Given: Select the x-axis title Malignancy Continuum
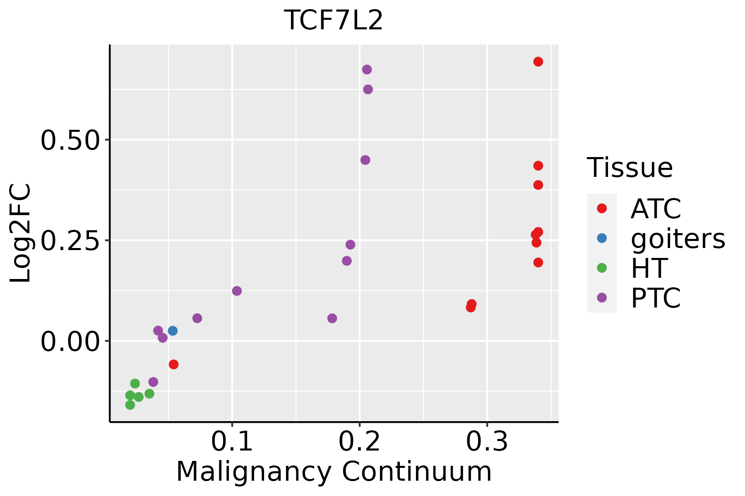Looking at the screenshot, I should (x=334, y=472).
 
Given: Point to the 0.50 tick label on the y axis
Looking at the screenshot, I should (x=70, y=140).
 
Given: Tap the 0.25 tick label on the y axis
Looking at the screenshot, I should (x=70, y=241).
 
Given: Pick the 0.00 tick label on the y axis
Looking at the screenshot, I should (x=70, y=341).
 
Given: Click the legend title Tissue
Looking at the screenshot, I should (x=630, y=168).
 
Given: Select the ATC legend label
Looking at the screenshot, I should (x=656, y=209).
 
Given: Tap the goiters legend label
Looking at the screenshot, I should (x=678, y=238).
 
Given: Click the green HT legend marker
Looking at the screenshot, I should (x=602, y=268).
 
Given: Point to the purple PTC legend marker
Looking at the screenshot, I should (x=602, y=298).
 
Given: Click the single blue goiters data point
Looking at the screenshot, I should (x=173, y=331).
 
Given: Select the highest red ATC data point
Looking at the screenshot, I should (x=538, y=62).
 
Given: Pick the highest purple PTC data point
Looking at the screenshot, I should (x=367, y=69).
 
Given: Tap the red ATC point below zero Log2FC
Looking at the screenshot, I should (x=173, y=364).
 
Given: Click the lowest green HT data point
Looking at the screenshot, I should (x=130, y=405).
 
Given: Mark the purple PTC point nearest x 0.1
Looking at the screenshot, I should (x=237, y=291).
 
